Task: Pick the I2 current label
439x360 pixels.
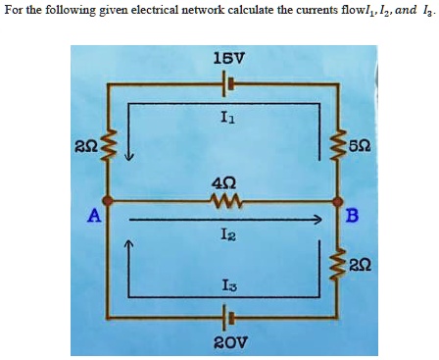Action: coord(226,234)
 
